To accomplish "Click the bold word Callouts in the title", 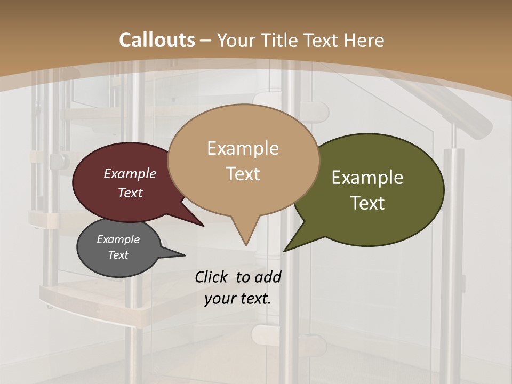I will coord(157,40).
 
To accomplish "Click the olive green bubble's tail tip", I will coord(285,251).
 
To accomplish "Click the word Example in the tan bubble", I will coord(243,148).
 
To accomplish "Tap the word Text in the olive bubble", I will coord(367,203).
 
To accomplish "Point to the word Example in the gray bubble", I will coord(118,239).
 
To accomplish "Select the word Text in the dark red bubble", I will coord(130,193).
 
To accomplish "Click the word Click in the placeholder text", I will coord(212,277).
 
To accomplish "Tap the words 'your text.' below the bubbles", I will coord(238,299).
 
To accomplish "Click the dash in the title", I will coord(206,40).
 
